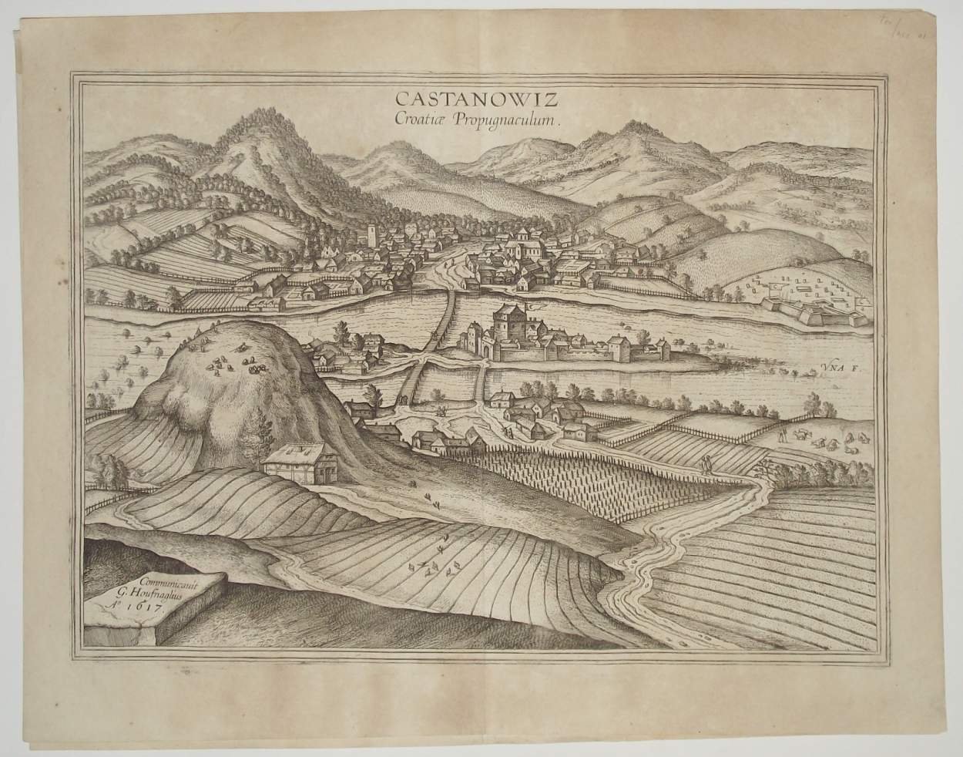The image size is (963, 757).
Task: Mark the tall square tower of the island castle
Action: coord(509,326)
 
